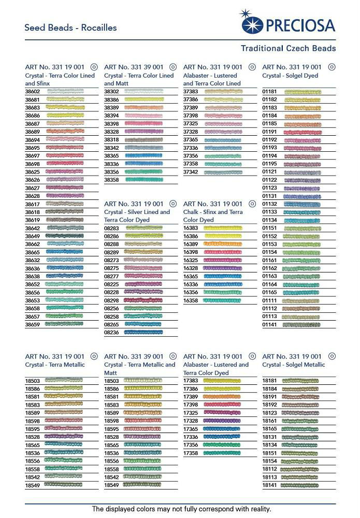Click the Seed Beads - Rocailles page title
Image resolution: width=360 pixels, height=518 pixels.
click(x=70, y=27)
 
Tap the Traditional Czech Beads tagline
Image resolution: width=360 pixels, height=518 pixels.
click(x=288, y=48)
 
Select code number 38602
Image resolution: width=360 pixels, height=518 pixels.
click(x=33, y=91)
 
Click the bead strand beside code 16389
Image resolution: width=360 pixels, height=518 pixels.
click(x=223, y=244)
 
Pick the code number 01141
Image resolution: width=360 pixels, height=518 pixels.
click(x=269, y=325)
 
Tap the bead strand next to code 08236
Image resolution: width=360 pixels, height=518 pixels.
click(x=143, y=333)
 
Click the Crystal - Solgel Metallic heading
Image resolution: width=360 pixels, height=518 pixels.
click(x=293, y=365)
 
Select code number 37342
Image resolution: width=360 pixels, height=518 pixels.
click(x=191, y=172)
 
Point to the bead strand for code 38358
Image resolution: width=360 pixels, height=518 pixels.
click(x=144, y=180)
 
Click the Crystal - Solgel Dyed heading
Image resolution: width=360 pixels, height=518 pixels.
click(x=290, y=76)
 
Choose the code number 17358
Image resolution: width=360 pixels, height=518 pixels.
click(x=191, y=453)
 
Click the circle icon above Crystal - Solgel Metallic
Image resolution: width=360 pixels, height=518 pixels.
click(x=332, y=356)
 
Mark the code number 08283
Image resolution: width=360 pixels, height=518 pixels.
click(x=112, y=228)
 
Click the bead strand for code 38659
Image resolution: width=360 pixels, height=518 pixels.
click(x=64, y=324)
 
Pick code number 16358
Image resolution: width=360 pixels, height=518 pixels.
click(x=191, y=300)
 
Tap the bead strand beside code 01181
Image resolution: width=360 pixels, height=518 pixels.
click(x=303, y=92)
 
